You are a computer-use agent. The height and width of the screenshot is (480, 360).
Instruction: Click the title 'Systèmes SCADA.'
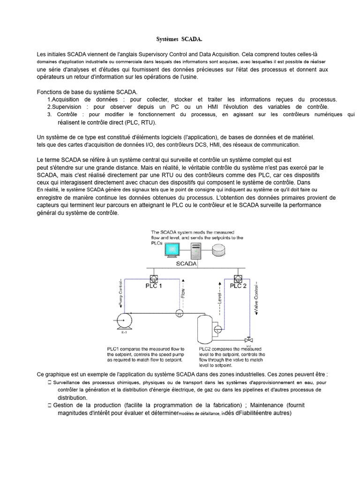(180, 41)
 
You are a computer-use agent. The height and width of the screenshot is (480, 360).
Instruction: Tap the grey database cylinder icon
(218, 251)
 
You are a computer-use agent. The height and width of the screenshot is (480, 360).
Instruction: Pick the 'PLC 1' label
(152, 285)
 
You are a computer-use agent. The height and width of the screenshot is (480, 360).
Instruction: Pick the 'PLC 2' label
(238, 285)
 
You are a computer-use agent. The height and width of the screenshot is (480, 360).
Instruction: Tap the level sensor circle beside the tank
(217, 330)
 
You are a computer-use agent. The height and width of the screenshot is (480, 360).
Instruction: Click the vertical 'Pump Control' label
(121, 291)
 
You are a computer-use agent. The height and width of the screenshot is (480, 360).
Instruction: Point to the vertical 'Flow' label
(183, 293)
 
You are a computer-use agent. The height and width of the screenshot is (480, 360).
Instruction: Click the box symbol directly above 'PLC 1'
(152, 277)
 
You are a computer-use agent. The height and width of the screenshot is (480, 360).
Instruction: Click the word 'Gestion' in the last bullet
(65, 405)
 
